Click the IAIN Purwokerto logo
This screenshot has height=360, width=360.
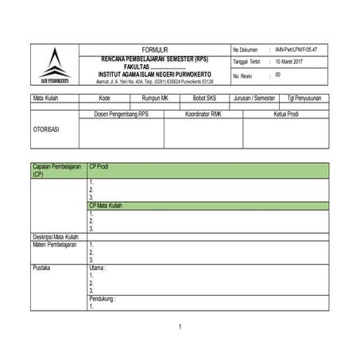[54, 64]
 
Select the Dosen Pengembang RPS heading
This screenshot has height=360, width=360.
[121, 114]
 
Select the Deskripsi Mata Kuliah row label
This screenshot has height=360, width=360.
[56, 237]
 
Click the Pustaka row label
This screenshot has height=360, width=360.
[41, 268]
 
